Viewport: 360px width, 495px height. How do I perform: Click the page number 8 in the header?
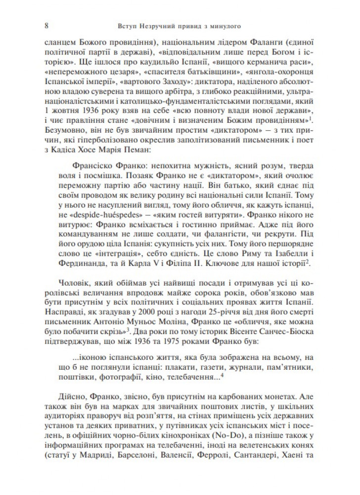pos(46,25)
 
